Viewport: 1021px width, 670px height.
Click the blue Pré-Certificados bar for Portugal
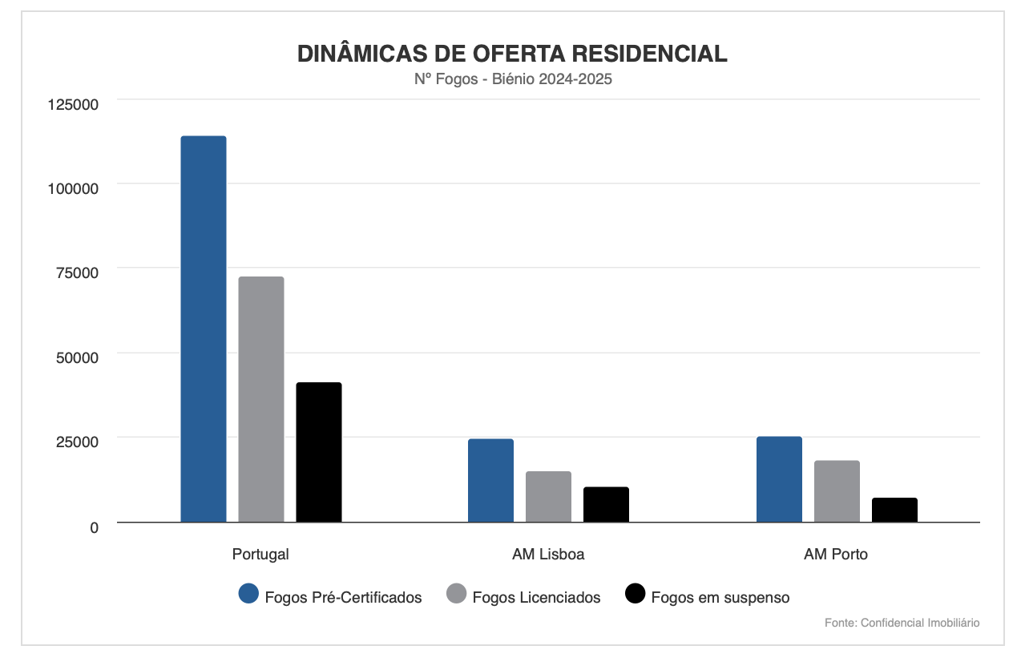204,329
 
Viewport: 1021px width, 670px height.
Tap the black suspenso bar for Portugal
319,452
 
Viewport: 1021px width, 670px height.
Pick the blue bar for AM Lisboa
490,480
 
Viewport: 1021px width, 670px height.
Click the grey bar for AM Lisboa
548,497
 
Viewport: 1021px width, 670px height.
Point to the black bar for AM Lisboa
606,504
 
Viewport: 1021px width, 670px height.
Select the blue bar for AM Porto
779,479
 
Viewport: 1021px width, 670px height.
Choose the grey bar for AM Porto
837,491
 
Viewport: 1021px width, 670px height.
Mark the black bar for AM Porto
894,510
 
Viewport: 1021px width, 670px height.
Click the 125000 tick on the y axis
73,104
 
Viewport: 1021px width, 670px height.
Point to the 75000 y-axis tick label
77,273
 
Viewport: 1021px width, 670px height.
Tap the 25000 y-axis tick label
77,442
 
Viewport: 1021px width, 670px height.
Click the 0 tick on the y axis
94,527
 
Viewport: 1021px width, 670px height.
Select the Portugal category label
260,554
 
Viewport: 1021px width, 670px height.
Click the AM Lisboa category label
548,554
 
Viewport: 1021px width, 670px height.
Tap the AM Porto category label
836,554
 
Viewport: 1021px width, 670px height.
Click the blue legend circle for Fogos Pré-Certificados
248,594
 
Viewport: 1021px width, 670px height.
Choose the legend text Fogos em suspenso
720,597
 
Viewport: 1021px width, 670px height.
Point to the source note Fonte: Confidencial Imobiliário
902,623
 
